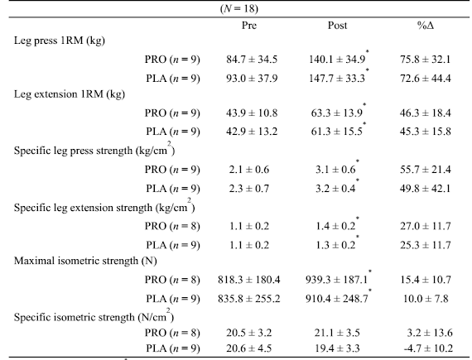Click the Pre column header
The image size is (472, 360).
click(x=249, y=26)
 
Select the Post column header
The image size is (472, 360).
click(x=337, y=26)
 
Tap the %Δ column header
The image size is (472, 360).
click(x=426, y=26)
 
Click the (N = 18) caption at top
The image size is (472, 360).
click(x=239, y=8)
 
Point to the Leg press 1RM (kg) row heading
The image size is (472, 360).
click(x=60, y=41)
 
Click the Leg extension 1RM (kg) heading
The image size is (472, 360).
click(x=70, y=94)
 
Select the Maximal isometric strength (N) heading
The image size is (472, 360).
click(x=85, y=261)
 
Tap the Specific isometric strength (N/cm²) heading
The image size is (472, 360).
click(x=94, y=316)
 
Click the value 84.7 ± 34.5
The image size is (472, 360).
click(x=252, y=60)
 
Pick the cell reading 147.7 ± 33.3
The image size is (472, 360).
click(x=337, y=78)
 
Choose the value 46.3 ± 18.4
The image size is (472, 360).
click(x=426, y=113)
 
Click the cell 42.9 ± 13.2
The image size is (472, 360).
click(x=252, y=132)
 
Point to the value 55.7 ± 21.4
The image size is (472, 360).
click(x=426, y=170)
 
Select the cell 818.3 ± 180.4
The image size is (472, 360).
click(x=249, y=280)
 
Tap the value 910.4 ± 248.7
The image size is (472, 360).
click(x=336, y=299)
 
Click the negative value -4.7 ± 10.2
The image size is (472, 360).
click(x=428, y=348)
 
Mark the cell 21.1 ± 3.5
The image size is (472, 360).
click(x=337, y=333)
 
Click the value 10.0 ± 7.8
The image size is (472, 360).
click(x=426, y=299)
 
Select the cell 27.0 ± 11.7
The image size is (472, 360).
click(x=426, y=226)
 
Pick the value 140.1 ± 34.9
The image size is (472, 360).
click(x=337, y=60)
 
